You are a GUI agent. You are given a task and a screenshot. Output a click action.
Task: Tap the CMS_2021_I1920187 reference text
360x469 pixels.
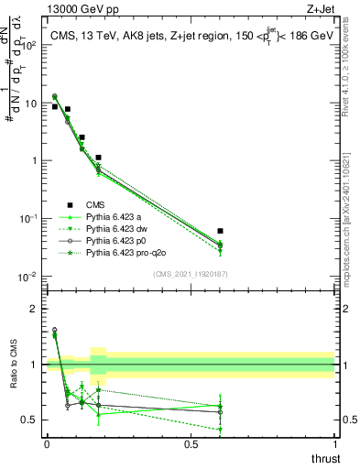pyautogui.click(x=189, y=273)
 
